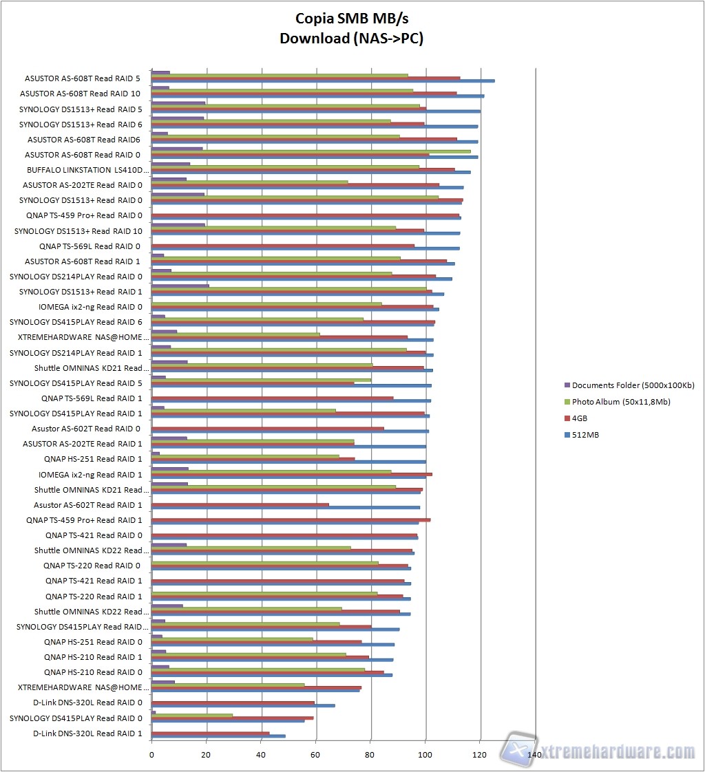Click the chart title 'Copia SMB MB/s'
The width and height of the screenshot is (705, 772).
[351, 19]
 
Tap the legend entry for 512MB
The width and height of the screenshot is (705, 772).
[585, 434]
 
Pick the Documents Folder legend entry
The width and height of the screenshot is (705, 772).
[633, 385]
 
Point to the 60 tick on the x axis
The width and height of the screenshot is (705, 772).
[316, 755]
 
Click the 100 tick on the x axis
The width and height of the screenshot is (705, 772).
[425, 755]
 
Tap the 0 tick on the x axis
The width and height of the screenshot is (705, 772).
[151, 755]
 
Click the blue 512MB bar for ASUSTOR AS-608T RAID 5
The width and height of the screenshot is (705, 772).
[323, 81]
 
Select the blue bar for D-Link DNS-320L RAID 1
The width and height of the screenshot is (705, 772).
[218, 736]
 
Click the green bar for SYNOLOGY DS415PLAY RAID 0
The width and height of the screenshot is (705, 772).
[192, 716]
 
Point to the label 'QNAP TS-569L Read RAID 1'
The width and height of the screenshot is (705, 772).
[91, 398]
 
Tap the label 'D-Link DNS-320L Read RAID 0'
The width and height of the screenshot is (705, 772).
[87, 703]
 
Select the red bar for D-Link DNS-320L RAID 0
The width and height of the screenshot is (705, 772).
[233, 703]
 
